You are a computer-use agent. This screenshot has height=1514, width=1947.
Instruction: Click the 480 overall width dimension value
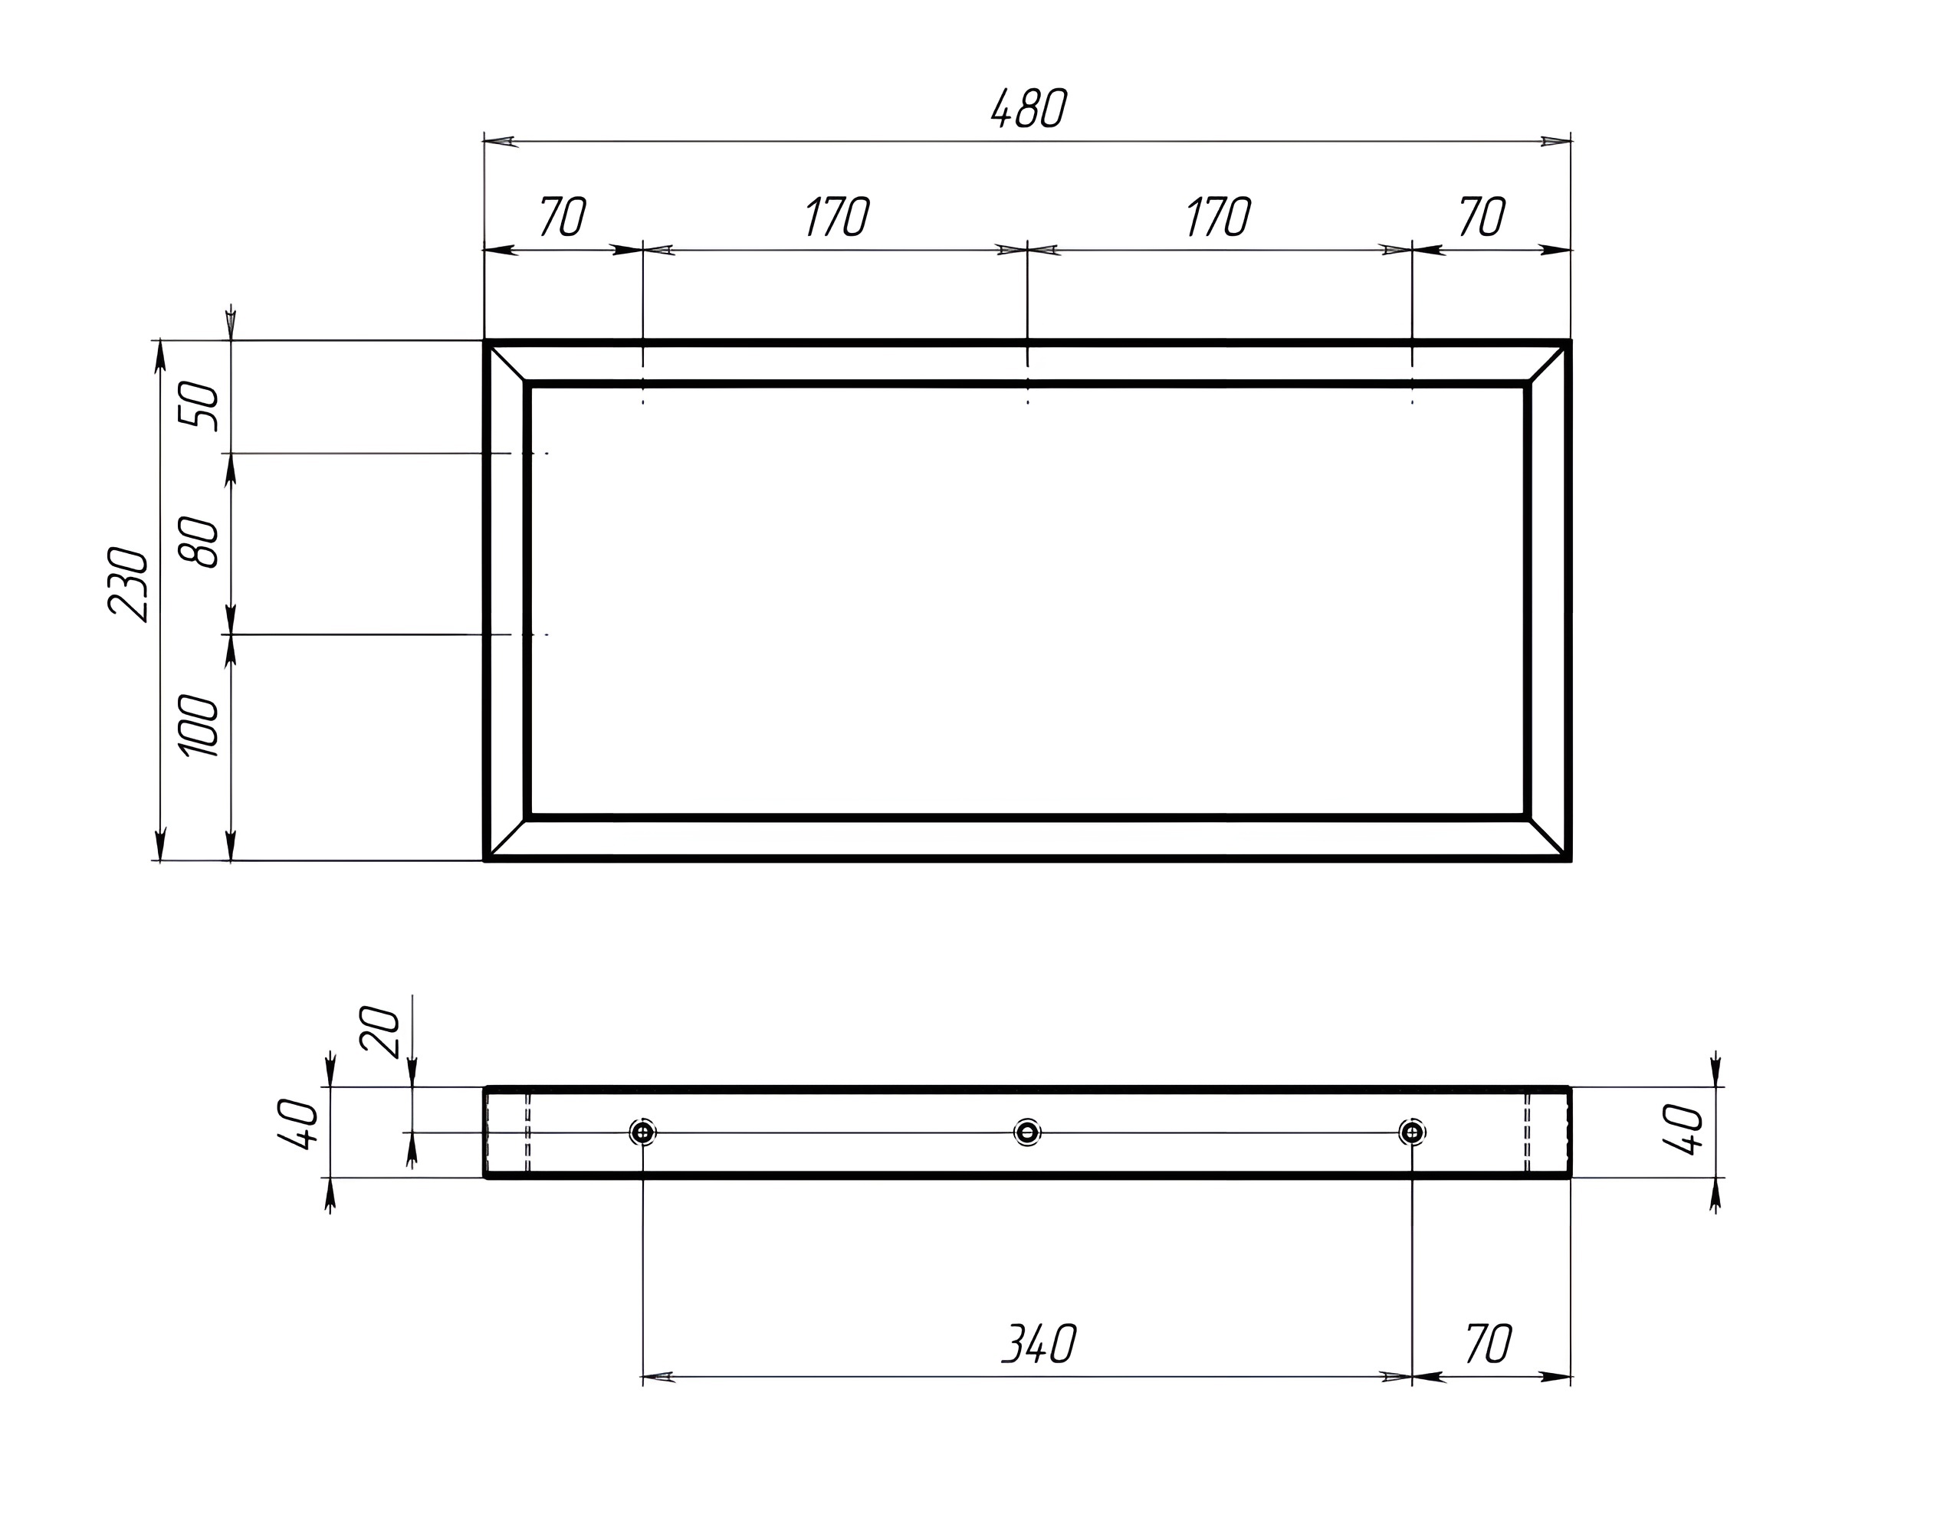coord(1029,109)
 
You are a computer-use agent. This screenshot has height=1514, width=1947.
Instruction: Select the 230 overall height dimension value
coord(127,584)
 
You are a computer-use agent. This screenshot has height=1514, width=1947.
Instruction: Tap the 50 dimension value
coord(199,406)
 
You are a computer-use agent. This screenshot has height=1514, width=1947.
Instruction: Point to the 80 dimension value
coord(199,542)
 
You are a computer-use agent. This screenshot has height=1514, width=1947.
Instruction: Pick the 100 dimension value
coord(199,726)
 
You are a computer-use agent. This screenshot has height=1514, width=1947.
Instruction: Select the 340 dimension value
coord(1039,1344)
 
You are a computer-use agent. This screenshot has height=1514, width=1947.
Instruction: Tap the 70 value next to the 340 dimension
coord(1488,1344)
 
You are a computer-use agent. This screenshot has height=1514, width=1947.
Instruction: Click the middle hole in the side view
coord(1028,1132)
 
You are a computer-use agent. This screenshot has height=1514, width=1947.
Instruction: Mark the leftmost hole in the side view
coord(643,1132)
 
